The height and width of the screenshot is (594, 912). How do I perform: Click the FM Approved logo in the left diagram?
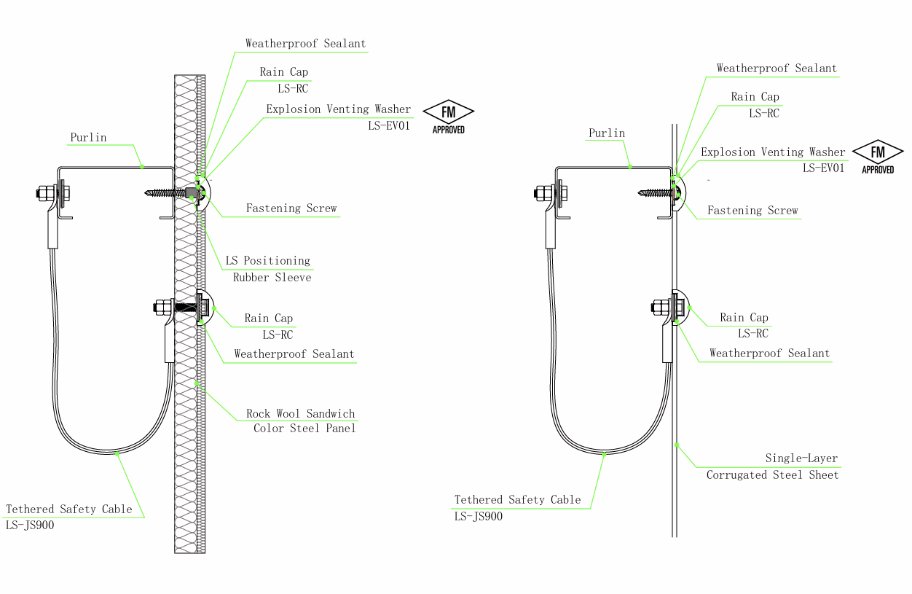[448, 117]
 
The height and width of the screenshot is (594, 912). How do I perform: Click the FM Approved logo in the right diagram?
[878, 157]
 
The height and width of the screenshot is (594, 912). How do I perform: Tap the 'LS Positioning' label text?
[268, 261]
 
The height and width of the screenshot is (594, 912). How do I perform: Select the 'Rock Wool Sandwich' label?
[300, 414]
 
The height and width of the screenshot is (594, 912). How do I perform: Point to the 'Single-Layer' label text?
[801, 458]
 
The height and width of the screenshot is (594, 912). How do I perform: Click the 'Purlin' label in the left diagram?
[88, 137]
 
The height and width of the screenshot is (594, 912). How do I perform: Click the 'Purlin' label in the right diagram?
[607, 133]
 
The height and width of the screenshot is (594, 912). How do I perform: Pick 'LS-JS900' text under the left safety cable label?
[30, 525]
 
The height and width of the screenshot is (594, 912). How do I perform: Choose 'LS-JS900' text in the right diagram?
[479, 517]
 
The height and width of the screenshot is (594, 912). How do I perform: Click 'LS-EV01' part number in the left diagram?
[389, 125]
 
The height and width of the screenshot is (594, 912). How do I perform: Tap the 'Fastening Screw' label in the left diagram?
[291, 208]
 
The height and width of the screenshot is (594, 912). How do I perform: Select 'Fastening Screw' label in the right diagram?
[752, 210]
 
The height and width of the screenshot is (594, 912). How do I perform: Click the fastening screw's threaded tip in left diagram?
[146, 192]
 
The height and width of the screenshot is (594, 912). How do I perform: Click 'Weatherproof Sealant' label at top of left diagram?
[305, 44]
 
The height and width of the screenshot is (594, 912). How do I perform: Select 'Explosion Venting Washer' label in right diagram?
[773, 152]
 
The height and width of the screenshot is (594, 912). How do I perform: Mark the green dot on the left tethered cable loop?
[117, 453]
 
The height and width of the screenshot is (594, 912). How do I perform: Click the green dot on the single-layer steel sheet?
[676, 445]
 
